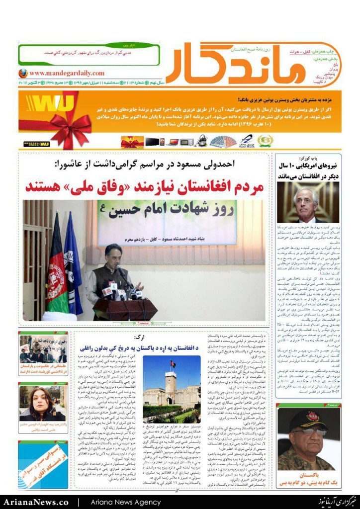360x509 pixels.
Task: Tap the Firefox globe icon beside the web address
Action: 22,73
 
